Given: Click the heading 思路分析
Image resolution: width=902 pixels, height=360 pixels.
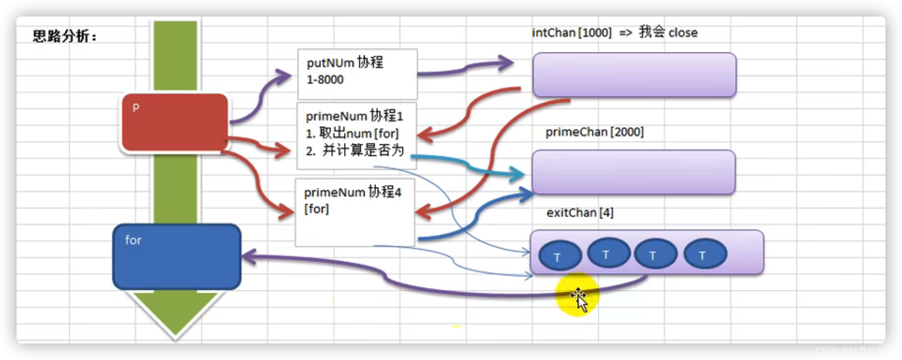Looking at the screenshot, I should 64,36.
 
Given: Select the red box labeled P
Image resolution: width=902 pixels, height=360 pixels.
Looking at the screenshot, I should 175,122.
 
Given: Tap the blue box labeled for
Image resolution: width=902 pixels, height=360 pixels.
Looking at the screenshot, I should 177,256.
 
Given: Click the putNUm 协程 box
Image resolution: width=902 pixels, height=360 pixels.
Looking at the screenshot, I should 357,74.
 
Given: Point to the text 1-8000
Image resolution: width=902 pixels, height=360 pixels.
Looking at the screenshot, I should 325,79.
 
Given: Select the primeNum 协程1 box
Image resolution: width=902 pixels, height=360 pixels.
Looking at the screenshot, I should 356,135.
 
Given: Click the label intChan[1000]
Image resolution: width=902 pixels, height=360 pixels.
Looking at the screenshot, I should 572,33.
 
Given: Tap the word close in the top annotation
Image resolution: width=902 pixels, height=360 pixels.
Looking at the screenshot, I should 683,33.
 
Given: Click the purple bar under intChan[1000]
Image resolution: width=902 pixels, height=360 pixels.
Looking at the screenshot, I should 634,74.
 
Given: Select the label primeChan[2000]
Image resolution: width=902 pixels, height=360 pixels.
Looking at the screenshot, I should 594,132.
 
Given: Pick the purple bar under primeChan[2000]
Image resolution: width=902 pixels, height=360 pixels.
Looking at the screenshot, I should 634,172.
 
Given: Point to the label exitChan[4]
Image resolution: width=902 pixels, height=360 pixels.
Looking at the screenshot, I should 580,213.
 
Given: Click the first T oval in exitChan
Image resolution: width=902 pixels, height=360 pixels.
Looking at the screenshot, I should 560,255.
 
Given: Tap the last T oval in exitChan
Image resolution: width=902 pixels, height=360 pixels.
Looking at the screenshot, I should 705,253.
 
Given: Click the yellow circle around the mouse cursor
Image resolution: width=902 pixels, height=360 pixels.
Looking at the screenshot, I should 577,294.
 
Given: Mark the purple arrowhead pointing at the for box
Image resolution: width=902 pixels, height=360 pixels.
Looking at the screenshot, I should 248,256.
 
